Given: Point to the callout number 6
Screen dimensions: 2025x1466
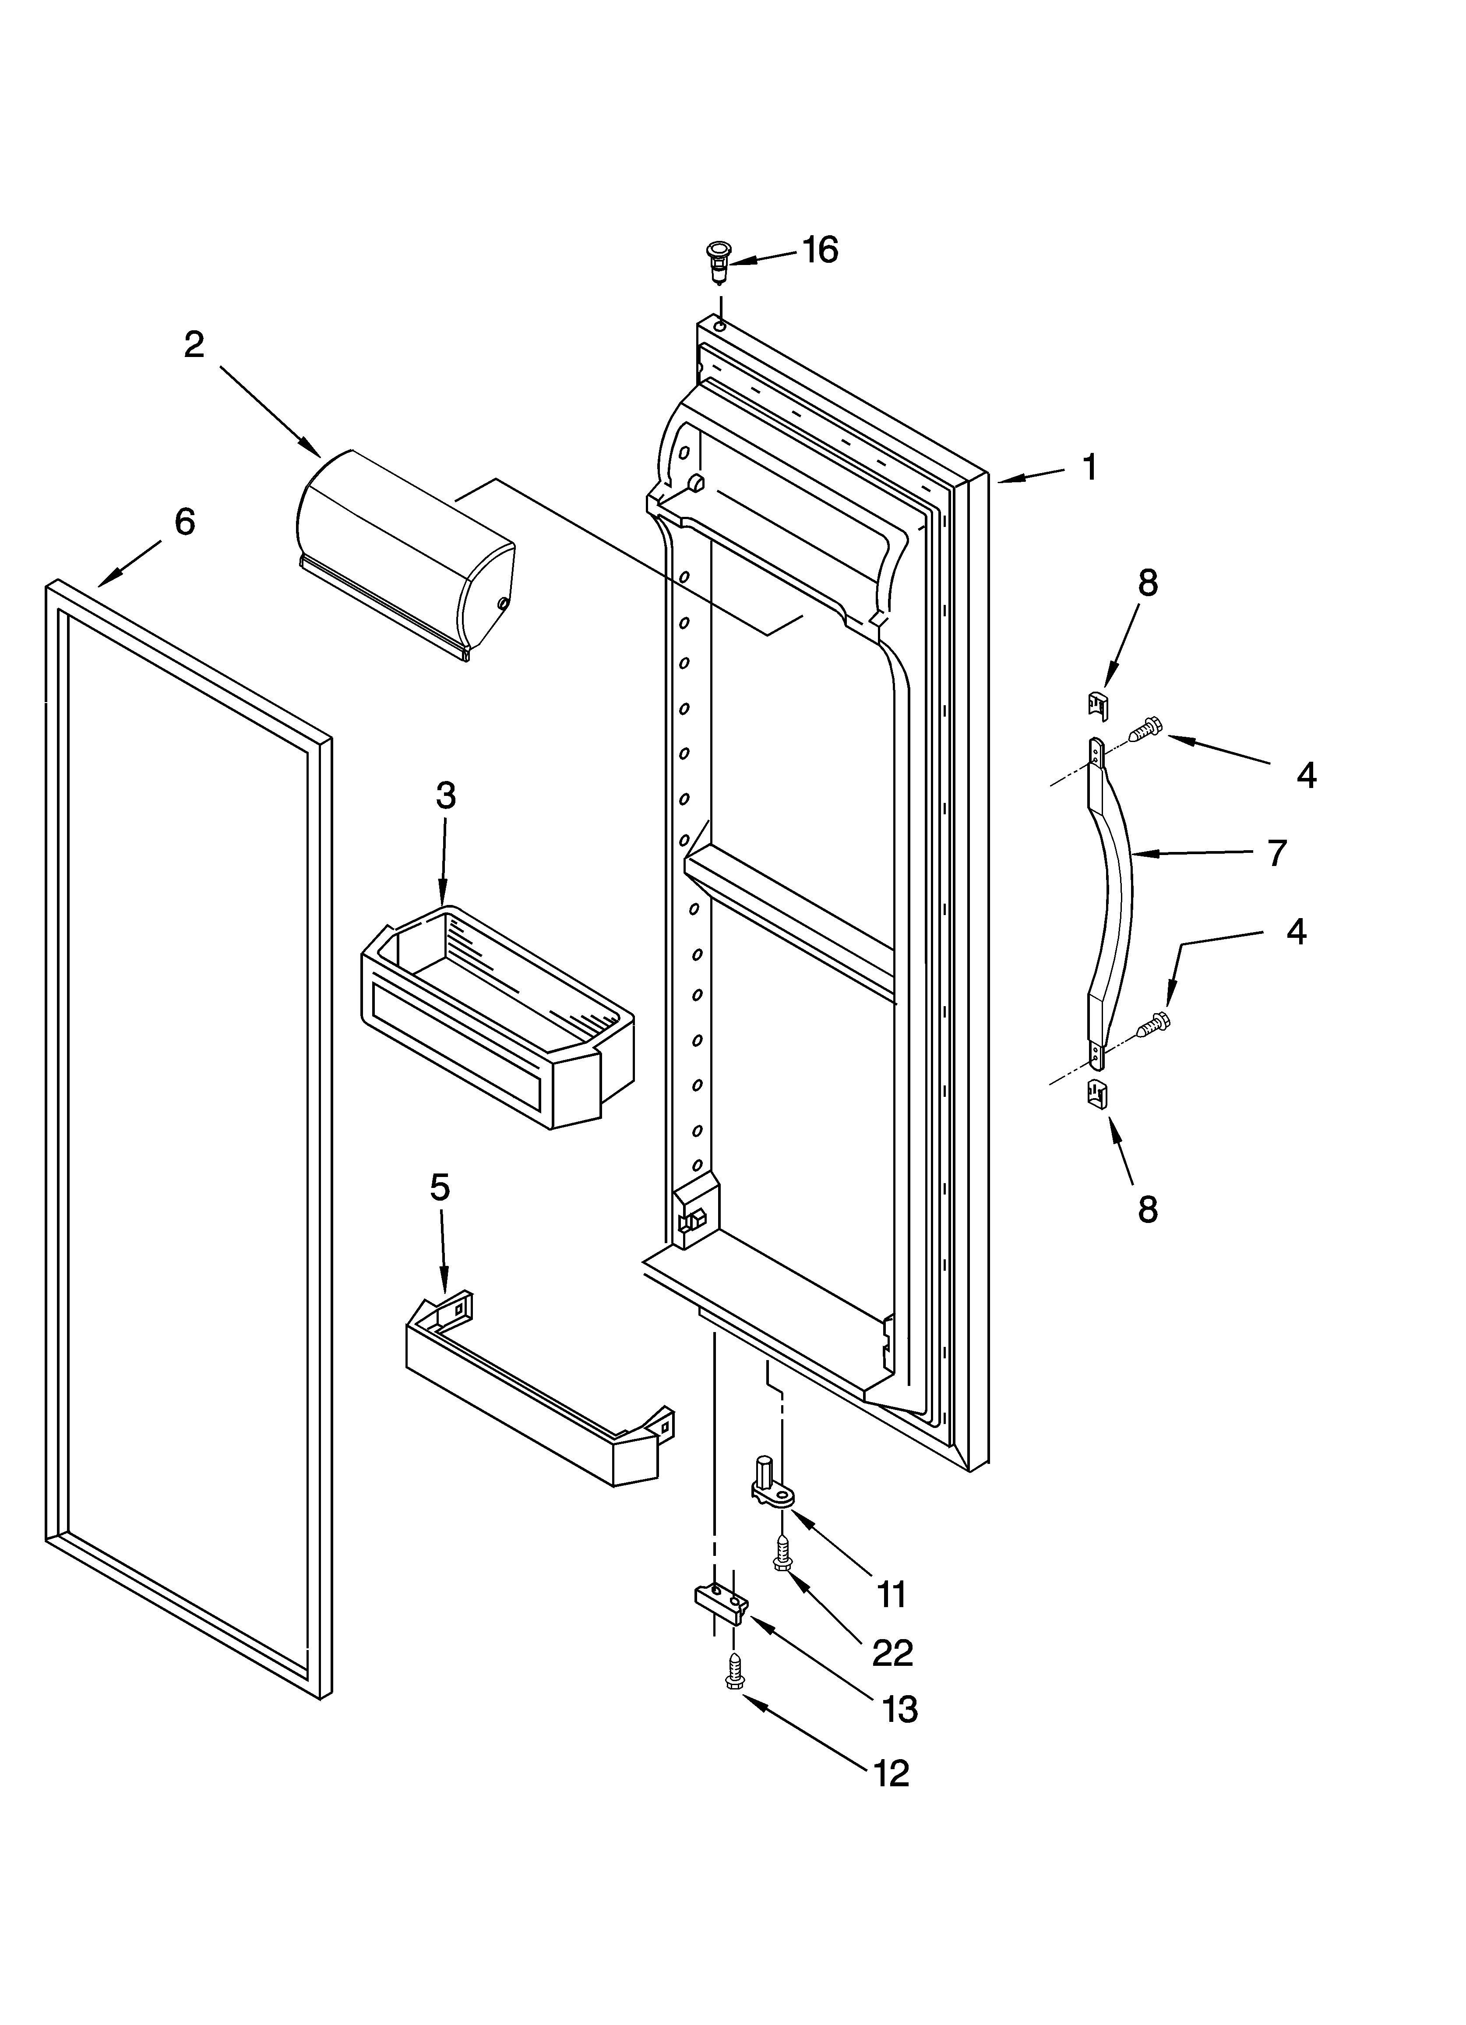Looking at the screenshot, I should pyautogui.click(x=184, y=521).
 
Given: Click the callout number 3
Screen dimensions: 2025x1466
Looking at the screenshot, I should pyautogui.click(x=445, y=795).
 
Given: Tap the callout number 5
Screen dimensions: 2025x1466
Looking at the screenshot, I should pyautogui.click(x=439, y=1187).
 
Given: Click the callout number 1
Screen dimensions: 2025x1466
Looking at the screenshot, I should pyautogui.click(x=1089, y=467).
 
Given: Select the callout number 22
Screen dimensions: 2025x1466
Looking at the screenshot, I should pyautogui.click(x=892, y=1653).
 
